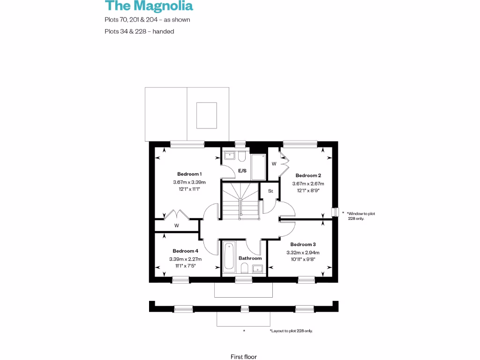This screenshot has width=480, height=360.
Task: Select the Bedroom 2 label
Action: point(308,175)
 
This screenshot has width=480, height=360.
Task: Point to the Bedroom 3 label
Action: point(303,244)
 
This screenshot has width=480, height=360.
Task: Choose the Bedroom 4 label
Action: point(185,251)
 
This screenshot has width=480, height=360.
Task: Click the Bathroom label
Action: point(250,258)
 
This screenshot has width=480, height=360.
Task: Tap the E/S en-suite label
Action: point(242,171)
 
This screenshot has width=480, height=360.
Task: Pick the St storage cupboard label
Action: point(270,191)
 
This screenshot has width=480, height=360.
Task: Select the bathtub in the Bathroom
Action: point(229,256)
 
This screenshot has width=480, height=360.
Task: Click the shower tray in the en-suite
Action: point(258,166)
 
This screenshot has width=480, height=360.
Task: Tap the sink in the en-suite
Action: point(230,155)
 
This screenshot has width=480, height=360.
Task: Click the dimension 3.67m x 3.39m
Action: point(189,182)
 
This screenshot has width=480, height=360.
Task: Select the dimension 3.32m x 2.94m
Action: point(303,253)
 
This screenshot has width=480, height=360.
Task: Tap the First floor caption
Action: point(243,357)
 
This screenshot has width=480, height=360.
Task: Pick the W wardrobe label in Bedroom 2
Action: point(274,164)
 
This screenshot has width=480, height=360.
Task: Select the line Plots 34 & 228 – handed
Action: point(139,31)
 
